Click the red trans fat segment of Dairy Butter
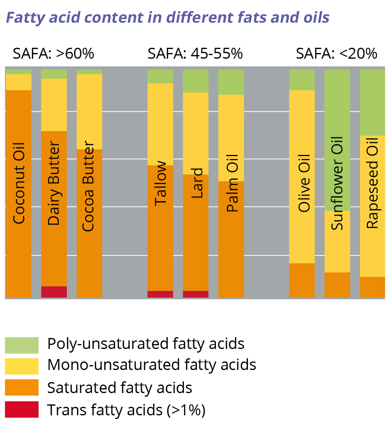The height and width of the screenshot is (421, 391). (54, 292)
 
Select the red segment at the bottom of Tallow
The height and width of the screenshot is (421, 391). (160, 294)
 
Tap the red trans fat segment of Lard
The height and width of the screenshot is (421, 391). (196, 294)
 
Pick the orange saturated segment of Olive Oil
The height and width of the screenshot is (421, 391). (301, 281)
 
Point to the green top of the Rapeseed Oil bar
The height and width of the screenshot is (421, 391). (372, 102)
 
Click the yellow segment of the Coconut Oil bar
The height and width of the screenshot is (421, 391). (19, 82)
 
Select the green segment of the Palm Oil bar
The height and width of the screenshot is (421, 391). (231, 82)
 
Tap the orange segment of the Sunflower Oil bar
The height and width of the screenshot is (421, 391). (337, 285)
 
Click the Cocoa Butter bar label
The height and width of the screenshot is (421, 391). (88, 186)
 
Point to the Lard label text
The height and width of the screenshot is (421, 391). (197, 183)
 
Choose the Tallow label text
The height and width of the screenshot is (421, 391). (161, 183)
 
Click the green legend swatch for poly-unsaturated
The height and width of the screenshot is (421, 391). (22, 345)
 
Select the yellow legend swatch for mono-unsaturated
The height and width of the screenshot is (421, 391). (22, 366)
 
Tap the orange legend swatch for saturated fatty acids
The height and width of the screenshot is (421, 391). (22, 387)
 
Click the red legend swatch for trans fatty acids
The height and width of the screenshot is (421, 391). (22, 409)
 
